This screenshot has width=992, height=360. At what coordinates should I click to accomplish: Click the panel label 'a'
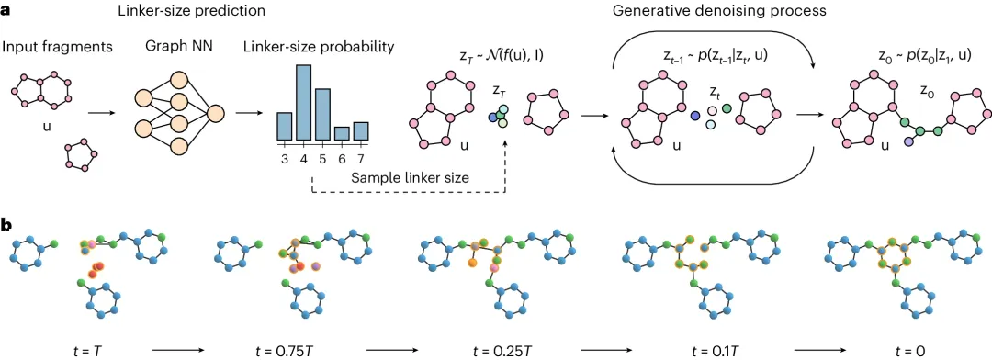(x=7, y=12)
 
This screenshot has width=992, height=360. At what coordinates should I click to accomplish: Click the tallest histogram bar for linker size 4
(x=303, y=103)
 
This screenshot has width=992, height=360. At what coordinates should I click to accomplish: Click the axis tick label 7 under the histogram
(x=361, y=158)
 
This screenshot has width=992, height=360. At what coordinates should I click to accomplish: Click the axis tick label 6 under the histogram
(x=342, y=158)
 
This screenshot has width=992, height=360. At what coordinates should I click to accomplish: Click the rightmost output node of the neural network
(x=216, y=113)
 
